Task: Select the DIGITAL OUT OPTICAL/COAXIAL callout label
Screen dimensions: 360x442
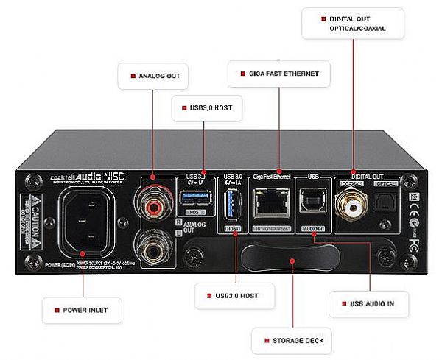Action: [354, 24]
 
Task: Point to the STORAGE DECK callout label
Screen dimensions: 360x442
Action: [289, 341]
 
